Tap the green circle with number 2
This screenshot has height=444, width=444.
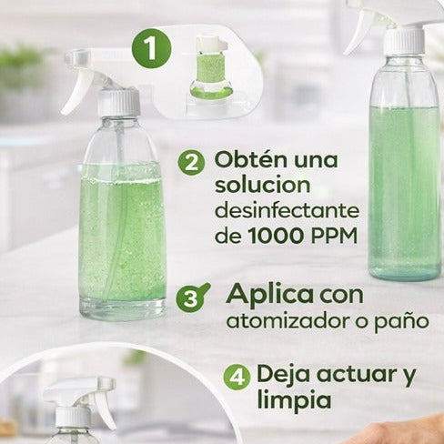tap(191, 163)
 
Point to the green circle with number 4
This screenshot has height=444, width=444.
tap(237, 376)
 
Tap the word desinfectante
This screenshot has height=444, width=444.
tap(287, 211)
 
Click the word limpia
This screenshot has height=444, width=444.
tap(294, 401)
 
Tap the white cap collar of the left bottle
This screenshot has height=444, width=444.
tap(119, 101)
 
